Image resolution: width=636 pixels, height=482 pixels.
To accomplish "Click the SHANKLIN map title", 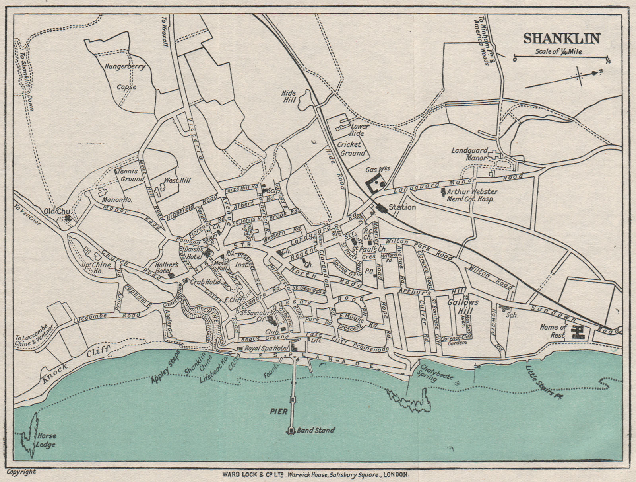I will tap(561, 39).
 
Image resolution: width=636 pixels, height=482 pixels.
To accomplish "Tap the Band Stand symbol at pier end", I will tap(291, 430).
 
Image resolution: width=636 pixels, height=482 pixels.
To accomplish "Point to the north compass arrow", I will tap(595, 73).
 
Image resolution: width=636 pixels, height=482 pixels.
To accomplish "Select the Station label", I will tap(402, 207).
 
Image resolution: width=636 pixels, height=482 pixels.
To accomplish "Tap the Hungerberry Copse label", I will tap(125, 76).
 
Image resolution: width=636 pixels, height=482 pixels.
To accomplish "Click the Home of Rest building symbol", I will tap(577, 332).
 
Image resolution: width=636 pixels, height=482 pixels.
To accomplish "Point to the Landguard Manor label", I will tap(469, 154).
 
